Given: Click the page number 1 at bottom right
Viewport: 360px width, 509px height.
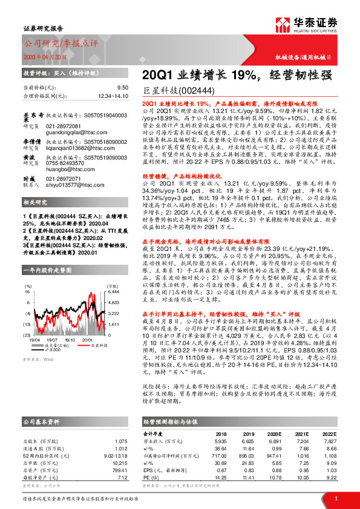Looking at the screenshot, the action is (x=336, y=498).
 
